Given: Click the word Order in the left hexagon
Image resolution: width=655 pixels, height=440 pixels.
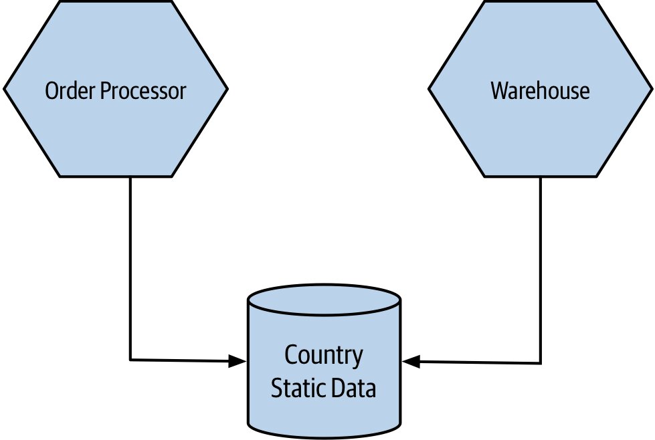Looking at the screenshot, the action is coord(71,90).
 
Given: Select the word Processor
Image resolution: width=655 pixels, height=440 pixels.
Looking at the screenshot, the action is coord(143,91).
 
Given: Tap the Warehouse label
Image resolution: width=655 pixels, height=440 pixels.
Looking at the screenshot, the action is coord(540,90).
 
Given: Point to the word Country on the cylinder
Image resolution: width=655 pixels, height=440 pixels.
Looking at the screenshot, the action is coord(324,356).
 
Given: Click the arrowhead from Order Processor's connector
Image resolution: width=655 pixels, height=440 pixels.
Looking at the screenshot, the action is coord(238,361).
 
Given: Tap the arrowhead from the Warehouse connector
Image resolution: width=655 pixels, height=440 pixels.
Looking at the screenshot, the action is coord(411,362).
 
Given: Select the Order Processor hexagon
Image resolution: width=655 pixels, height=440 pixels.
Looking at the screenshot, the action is coord(116,89).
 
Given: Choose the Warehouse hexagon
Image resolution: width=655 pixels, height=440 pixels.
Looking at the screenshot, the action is coord(540,89).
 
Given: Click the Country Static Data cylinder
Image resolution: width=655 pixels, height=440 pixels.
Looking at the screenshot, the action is coord(324,362).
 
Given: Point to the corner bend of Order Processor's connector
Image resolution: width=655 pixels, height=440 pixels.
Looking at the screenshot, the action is coord(130,360).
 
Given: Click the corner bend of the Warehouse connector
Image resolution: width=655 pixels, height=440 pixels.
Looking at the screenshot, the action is coord(541,364).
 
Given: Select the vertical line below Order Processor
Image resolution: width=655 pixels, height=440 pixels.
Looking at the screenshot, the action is coord(130,268).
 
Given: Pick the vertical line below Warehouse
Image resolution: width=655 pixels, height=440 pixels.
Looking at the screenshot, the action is coord(541,270).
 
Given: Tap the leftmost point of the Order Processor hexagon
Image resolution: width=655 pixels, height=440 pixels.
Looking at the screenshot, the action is coord(4,89).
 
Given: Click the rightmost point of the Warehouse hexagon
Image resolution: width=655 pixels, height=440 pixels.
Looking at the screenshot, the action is coord(652,89).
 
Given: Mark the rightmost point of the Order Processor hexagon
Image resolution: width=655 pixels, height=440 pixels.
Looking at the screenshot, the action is coord(227,89).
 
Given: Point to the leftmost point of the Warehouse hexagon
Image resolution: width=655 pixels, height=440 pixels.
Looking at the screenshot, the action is coord(429,89).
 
